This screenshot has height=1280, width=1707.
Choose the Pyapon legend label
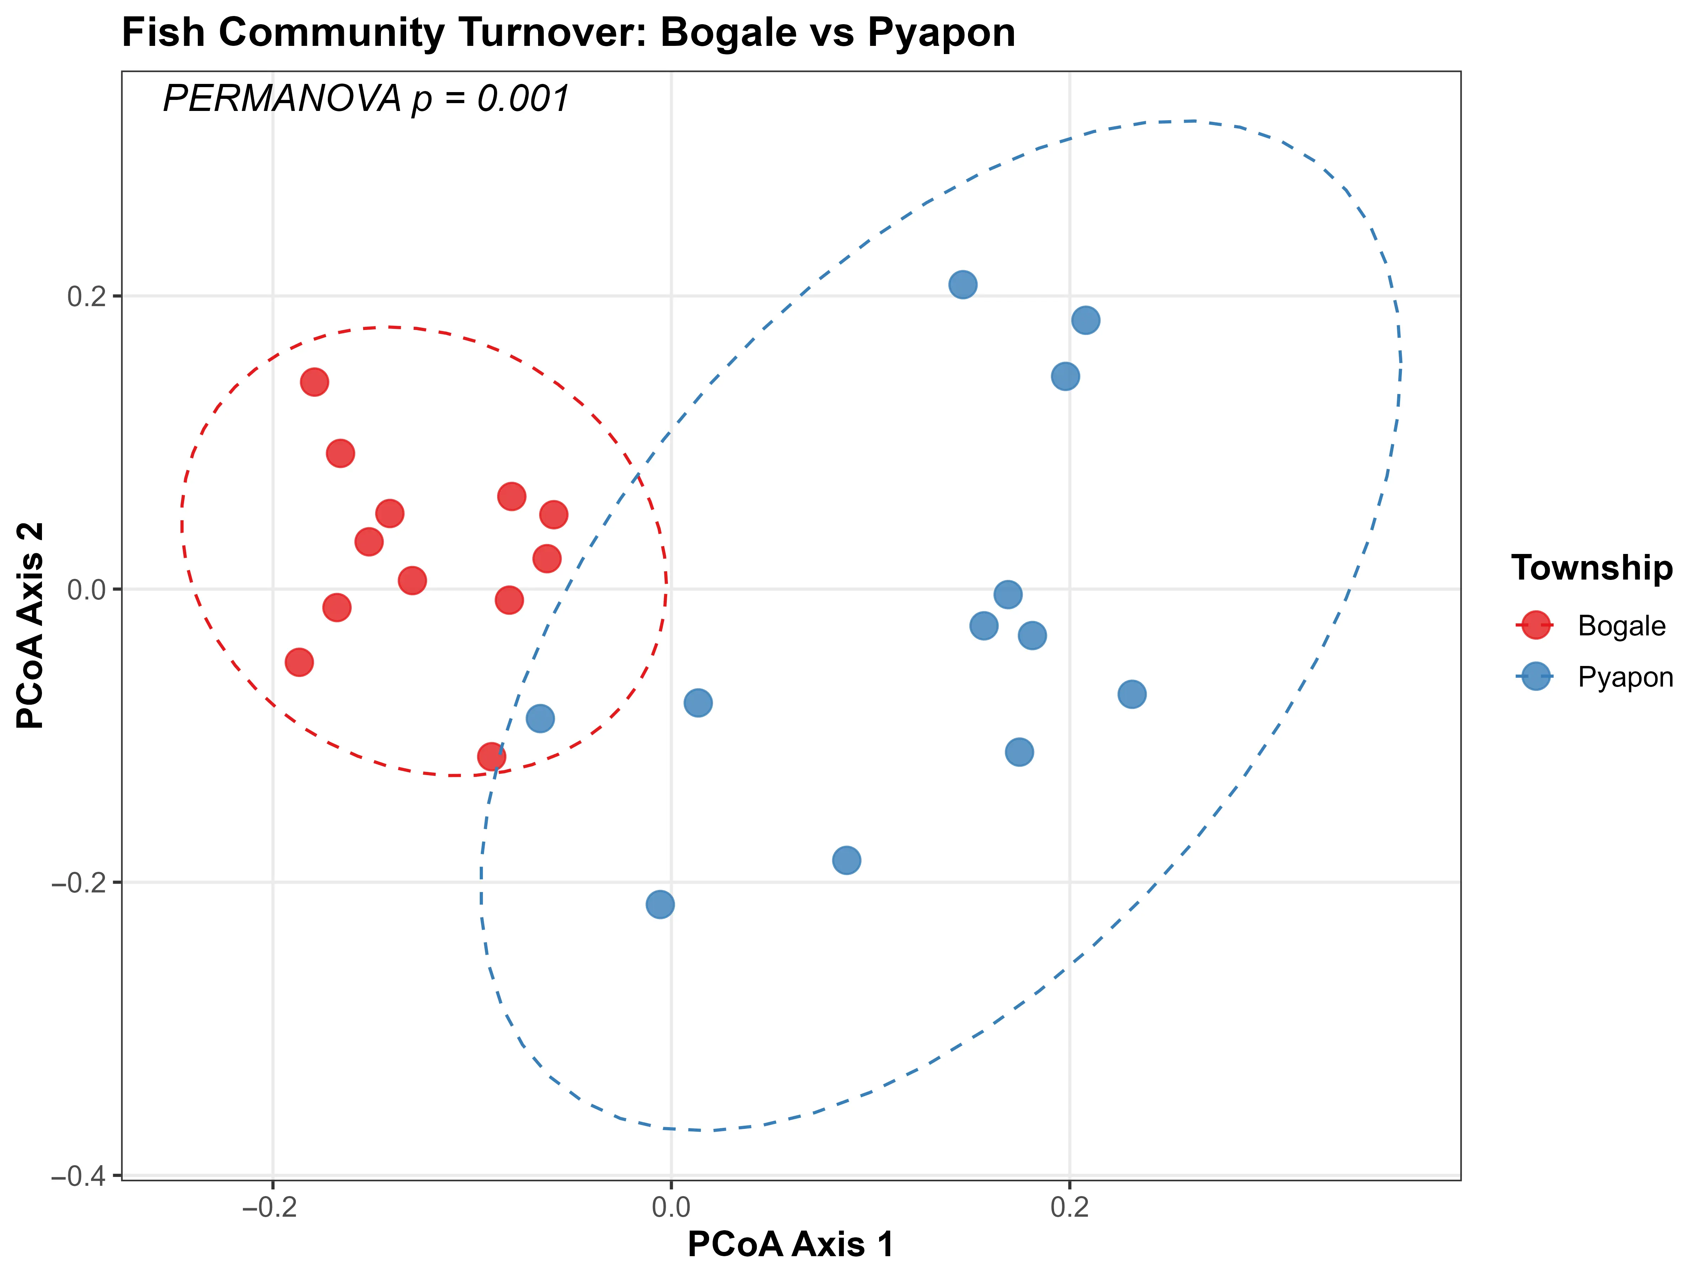[1625, 677]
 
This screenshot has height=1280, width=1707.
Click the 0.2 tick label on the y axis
[85, 296]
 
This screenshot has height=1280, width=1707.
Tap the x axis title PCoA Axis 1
[791, 1244]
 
